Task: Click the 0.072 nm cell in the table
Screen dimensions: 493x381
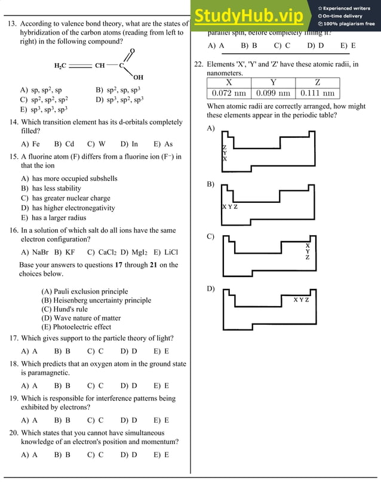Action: pyautogui.click(x=229, y=93)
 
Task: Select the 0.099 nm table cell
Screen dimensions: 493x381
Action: pyautogui.click(x=273, y=93)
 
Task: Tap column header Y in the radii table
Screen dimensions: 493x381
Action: pyautogui.click(x=273, y=83)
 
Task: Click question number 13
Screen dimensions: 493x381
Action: pyautogui.click(x=11, y=24)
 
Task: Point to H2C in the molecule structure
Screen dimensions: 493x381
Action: pyautogui.click(x=60, y=66)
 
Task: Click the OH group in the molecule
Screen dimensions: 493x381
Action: pyautogui.click(x=138, y=78)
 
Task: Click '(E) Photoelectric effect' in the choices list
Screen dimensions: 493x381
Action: pyautogui.click(x=76, y=327)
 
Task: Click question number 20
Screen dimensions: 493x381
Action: pyautogui.click(x=13, y=433)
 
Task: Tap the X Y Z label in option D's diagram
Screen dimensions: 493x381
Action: pyautogui.click(x=301, y=300)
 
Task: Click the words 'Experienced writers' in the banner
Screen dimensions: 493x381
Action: pyautogui.click(x=348, y=8)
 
